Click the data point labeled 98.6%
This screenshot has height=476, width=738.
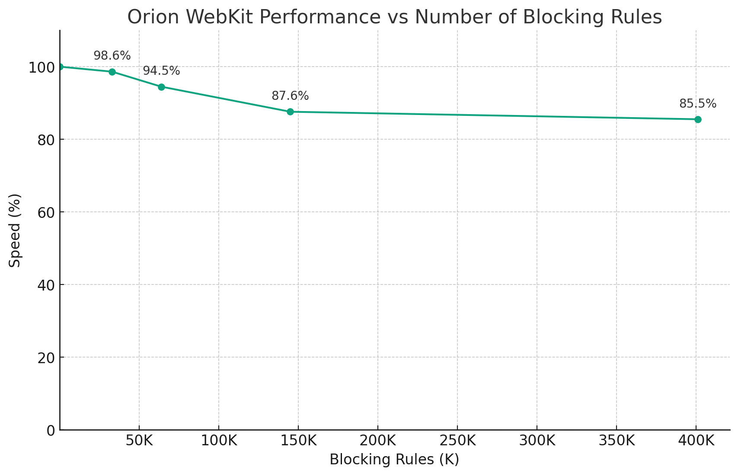coord(112,72)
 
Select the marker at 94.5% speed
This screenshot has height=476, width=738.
coord(161,87)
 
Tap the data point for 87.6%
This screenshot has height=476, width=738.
coord(290,112)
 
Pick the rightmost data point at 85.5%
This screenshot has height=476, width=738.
coord(698,119)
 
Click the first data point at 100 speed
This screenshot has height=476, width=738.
coord(60,67)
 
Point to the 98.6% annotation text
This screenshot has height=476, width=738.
coord(112,56)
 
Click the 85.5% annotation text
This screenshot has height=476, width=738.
coord(698,104)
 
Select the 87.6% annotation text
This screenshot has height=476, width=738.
coord(290,96)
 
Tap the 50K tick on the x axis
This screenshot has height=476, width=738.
coord(139,441)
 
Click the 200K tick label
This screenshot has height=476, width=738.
coord(377,441)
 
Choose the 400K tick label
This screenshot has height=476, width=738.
coord(696,441)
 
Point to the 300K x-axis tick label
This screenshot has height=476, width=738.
coord(537,441)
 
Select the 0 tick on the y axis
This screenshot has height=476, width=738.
coord(51,430)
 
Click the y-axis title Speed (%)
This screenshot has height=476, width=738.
coord(15,230)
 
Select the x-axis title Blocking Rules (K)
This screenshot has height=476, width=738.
coord(394,460)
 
